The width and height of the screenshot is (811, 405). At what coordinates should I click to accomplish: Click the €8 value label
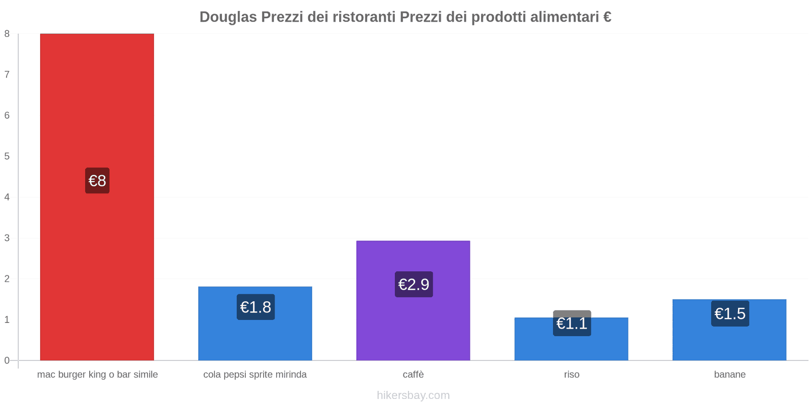[97, 181]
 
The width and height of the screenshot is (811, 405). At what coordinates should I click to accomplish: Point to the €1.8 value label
[255, 307]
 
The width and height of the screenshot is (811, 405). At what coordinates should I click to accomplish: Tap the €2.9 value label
[414, 285]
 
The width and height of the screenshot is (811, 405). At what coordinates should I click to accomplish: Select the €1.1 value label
[572, 323]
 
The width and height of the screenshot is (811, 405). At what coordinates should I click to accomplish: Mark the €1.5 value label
[730, 314]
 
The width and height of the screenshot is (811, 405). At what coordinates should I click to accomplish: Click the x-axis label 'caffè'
[413, 375]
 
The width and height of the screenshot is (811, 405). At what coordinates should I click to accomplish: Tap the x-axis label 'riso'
[572, 375]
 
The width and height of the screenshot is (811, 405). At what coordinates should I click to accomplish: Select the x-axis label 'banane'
[730, 375]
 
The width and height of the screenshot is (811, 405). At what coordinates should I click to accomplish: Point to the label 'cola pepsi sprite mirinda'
[255, 375]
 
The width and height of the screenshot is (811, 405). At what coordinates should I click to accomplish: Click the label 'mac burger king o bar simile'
[97, 375]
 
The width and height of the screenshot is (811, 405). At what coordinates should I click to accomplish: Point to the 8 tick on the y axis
[7, 34]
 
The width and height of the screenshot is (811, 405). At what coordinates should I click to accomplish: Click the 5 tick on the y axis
[7, 156]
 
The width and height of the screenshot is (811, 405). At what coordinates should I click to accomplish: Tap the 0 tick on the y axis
[7, 360]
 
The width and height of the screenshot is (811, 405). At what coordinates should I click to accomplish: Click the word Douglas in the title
[228, 17]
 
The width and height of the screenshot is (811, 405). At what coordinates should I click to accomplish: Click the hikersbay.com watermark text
[413, 395]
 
